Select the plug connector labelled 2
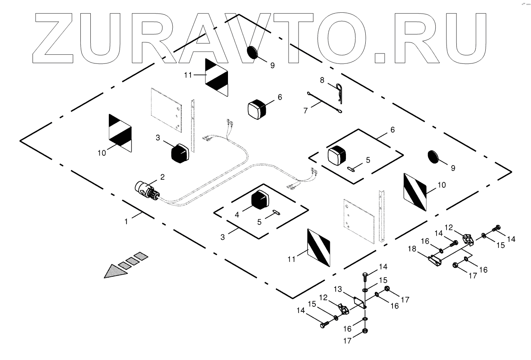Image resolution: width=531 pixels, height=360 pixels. [146, 191]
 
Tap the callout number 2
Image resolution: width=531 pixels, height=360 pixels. [162, 177]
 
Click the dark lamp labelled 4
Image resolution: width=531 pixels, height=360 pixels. [260, 201]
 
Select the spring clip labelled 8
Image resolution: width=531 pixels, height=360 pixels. [340, 93]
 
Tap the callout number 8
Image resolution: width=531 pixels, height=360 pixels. [322, 79]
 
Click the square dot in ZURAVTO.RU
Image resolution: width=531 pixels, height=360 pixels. [383, 56]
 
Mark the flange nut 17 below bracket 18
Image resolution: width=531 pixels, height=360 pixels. [456, 265]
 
